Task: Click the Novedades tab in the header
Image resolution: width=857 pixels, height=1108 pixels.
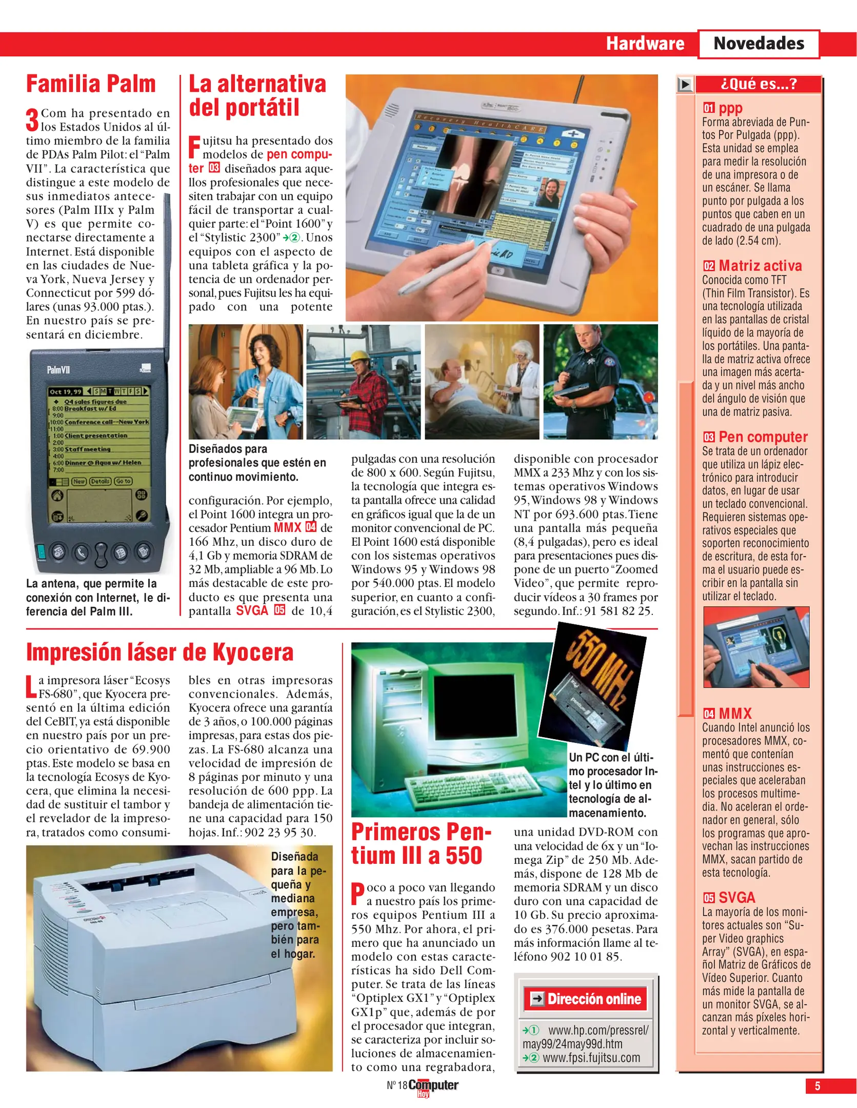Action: click(758, 44)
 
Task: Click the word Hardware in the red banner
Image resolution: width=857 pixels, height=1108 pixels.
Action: click(645, 44)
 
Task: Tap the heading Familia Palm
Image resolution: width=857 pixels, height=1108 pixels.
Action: click(91, 84)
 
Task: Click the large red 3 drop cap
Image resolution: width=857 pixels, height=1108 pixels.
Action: click(32, 120)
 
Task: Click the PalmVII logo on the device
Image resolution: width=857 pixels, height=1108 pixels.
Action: click(58, 370)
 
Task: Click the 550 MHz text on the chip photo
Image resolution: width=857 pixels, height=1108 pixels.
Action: click(609, 669)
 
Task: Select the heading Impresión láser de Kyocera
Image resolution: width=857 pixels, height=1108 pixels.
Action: click(160, 652)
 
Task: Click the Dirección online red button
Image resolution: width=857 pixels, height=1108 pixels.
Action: click(586, 998)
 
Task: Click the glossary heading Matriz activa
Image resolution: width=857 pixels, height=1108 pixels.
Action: click(760, 266)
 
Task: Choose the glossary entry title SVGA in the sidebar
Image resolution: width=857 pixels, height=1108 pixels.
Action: click(736, 897)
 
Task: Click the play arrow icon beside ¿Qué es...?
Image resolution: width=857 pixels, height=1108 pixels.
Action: click(685, 84)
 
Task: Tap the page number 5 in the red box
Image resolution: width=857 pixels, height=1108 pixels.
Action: click(817, 1085)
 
